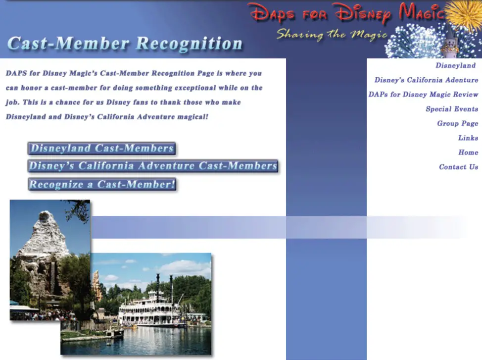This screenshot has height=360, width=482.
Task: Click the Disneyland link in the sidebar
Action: tap(455, 65)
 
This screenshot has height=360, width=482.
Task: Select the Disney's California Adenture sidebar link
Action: tap(426, 80)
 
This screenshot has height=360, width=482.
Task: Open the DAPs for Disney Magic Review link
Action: tap(423, 95)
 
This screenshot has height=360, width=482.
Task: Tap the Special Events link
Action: tap(452, 109)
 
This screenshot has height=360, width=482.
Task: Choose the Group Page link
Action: tap(457, 123)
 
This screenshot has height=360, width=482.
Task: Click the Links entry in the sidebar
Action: tap(468, 138)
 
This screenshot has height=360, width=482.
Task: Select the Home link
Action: tap(468, 153)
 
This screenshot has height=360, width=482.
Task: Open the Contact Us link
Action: tap(458, 167)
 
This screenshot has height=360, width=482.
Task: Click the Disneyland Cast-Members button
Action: tap(102, 148)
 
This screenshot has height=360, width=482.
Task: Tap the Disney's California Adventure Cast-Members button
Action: tap(153, 166)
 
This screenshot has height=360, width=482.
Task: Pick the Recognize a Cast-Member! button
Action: tap(102, 184)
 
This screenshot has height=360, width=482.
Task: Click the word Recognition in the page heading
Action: tap(189, 44)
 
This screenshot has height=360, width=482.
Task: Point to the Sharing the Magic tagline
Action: tap(332, 34)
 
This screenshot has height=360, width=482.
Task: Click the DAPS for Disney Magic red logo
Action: tap(346, 13)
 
